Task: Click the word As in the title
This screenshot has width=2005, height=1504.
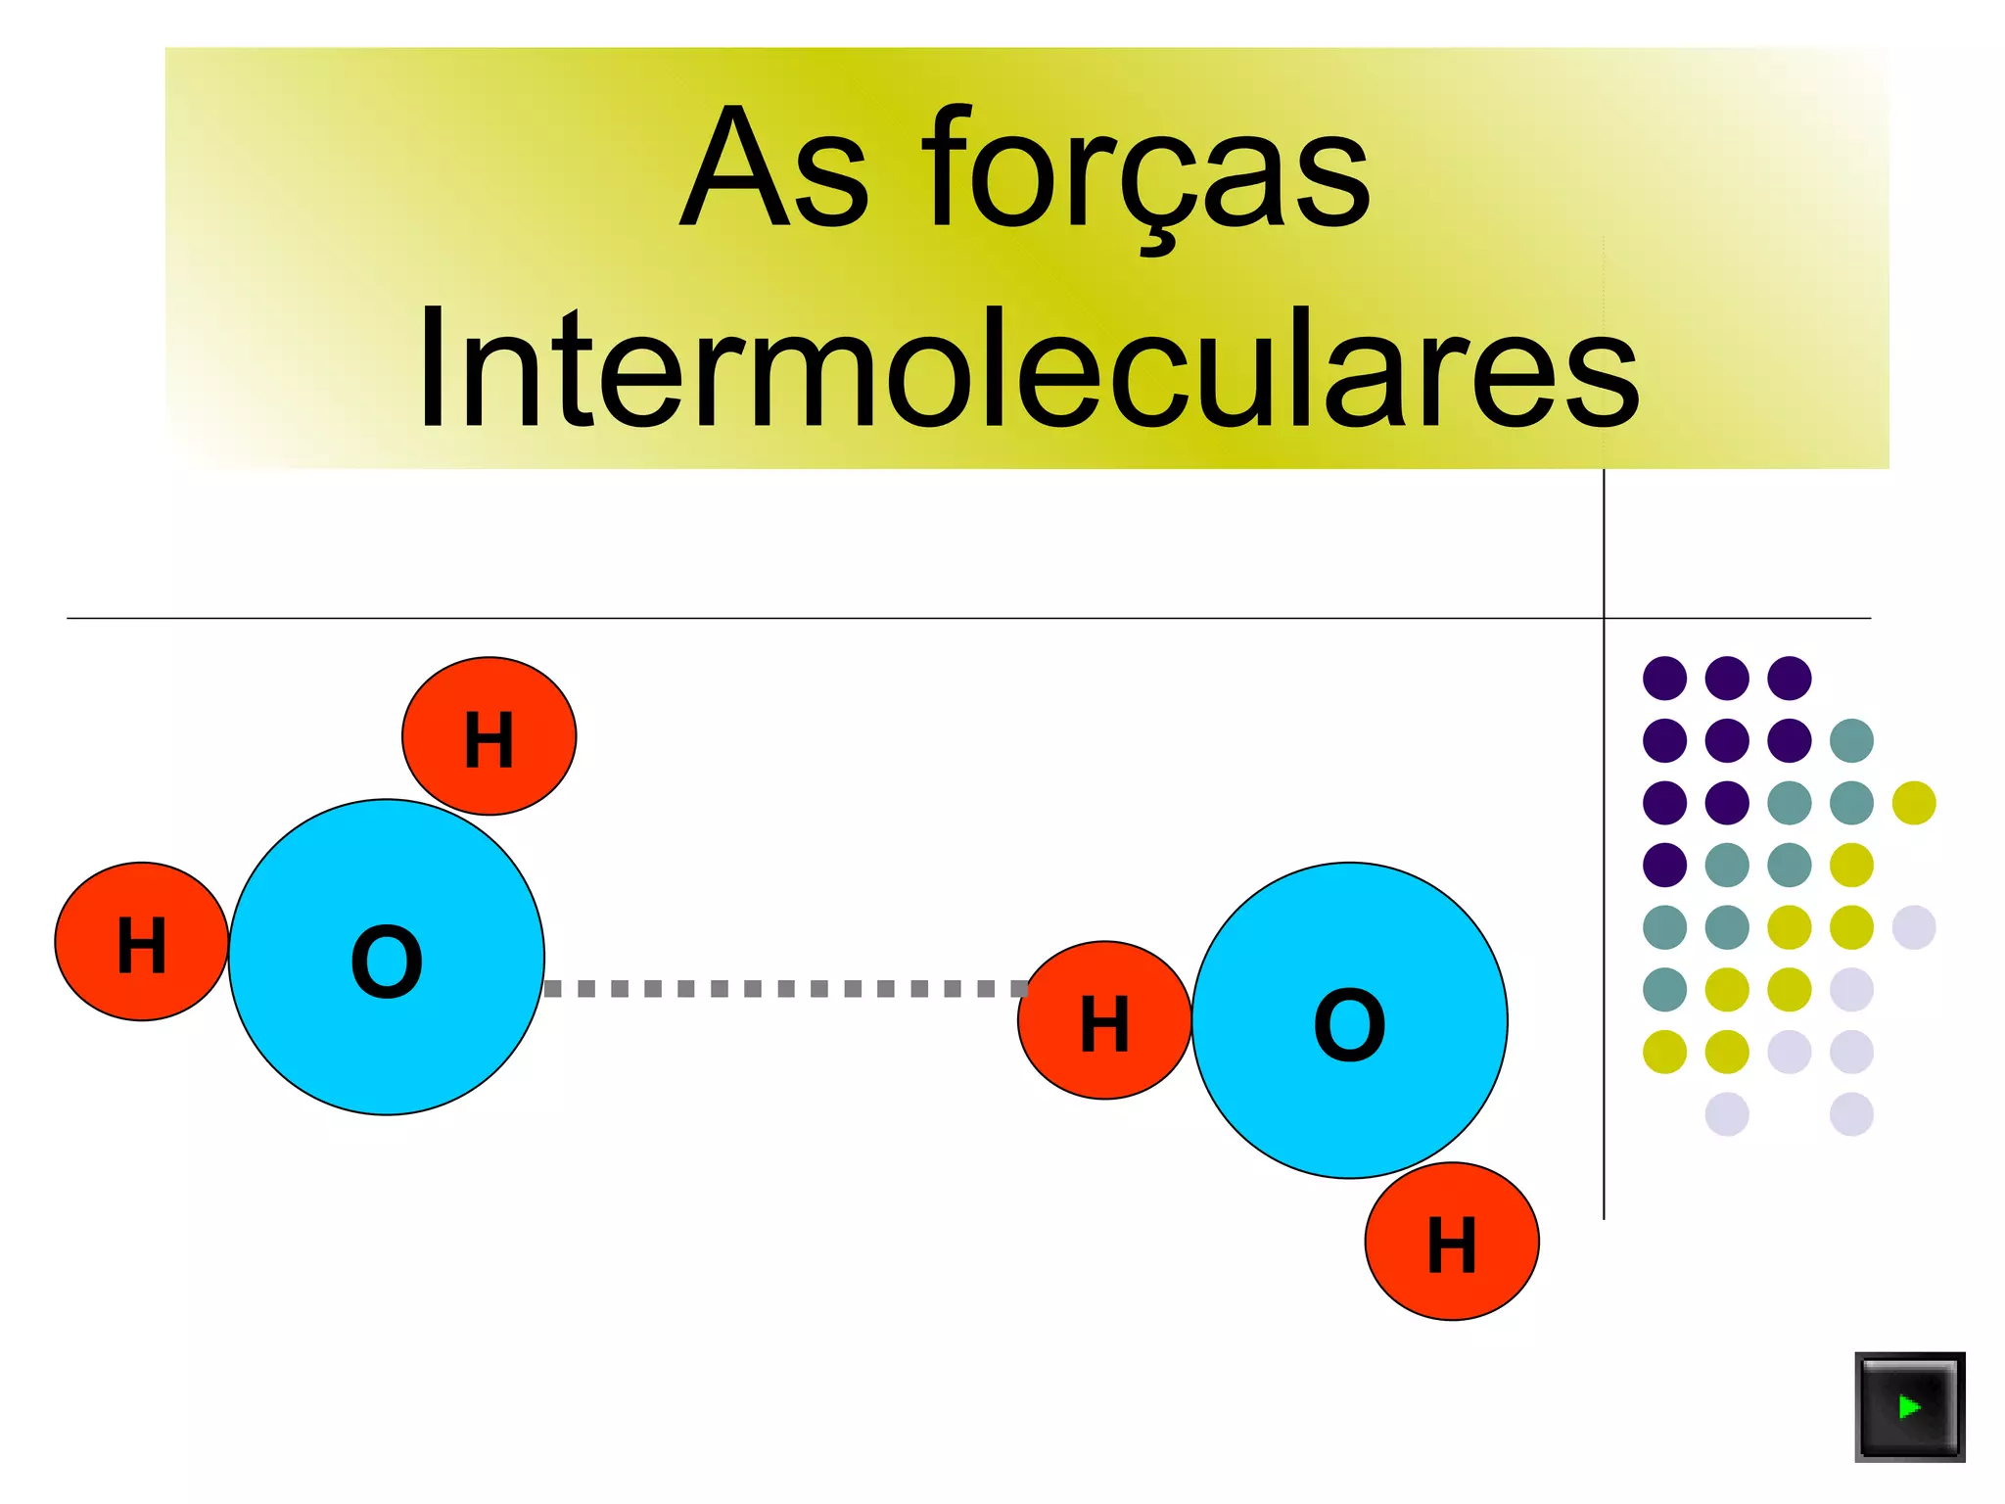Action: coord(773,168)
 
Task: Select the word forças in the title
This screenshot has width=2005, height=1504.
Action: coord(1145,171)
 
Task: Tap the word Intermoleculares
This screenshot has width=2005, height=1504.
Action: coord(1028,370)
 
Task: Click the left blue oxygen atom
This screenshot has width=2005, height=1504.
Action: coord(387,958)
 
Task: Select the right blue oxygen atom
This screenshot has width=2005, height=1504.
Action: coord(1350,1020)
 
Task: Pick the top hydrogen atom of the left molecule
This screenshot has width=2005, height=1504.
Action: coord(489,736)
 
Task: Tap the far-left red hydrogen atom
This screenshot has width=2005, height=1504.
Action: coord(142,942)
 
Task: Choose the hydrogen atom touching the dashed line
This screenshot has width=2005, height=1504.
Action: coord(1104,1020)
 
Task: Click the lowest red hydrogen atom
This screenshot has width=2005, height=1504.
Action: coord(1452,1242)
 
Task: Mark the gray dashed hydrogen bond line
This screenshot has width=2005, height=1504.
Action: coord(783,989)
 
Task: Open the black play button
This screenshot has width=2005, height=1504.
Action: coord(1909,1407)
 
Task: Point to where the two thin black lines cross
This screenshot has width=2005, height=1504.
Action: coord(1604,618)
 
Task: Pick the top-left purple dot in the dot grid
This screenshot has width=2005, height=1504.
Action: coord(1664,678)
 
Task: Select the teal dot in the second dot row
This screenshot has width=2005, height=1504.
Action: coord(1851,740)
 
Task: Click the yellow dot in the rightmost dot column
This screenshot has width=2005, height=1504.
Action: coord(1914,803)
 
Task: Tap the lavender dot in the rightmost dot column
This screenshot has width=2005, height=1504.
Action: coord(1914,927)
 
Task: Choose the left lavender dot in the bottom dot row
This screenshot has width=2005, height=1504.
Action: coord(1727,1114)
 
